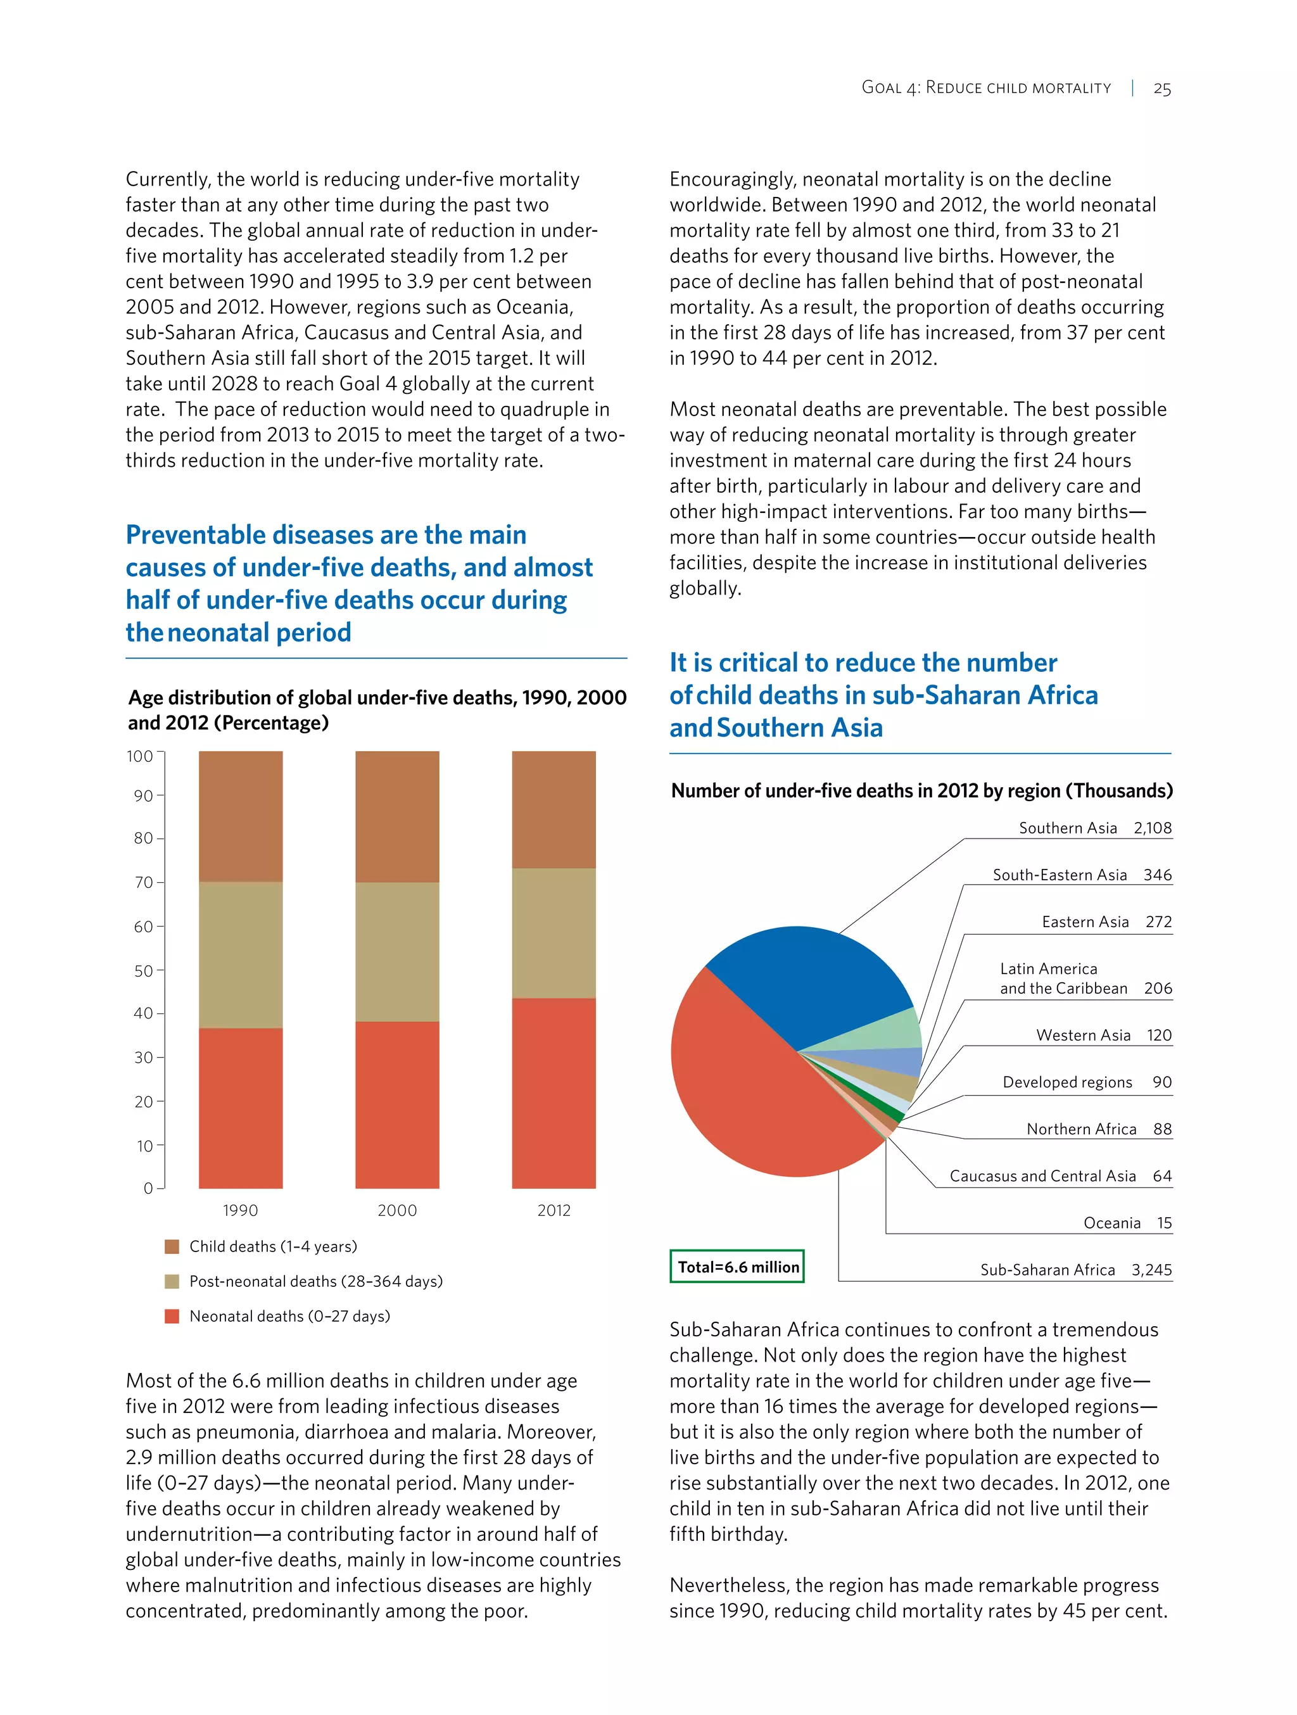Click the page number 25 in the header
1161,89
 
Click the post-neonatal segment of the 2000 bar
397,951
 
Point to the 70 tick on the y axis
144,882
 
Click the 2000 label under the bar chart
397,1210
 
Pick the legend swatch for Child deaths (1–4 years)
172,1247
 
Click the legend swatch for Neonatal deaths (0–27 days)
172,1317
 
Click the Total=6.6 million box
737,1267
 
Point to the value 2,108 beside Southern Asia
1152,828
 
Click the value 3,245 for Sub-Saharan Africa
1151,1270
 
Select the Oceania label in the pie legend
1111,1224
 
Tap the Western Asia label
1083,1035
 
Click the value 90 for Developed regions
1161,1082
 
